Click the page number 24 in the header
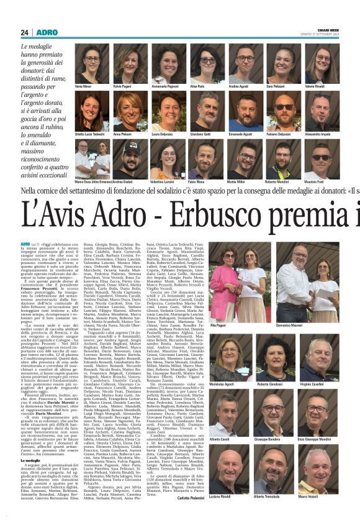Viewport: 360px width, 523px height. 25,32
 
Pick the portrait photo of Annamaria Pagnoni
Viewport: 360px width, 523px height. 169,63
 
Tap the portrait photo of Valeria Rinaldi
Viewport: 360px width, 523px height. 322,63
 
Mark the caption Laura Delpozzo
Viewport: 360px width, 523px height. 162,134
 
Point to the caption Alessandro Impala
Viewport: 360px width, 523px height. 322,134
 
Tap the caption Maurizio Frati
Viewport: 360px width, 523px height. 322,181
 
